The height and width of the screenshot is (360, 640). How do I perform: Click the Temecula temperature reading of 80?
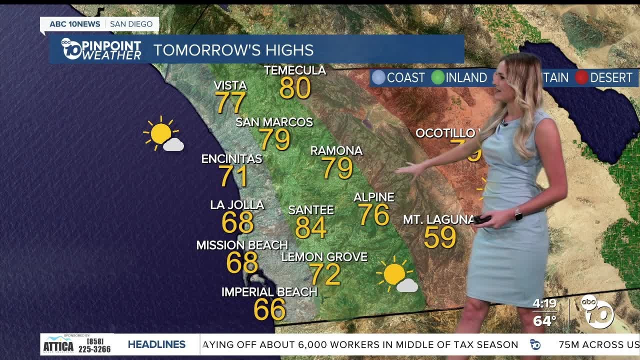295,88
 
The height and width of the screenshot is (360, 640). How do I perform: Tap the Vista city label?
230,85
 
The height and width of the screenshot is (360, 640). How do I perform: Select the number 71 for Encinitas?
233,176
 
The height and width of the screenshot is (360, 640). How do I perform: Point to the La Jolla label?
237,205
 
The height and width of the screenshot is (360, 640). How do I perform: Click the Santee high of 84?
310,227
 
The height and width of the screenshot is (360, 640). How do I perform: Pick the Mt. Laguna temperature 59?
440,237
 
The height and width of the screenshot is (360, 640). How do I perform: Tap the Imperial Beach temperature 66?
269,309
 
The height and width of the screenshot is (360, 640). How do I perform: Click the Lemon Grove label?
324,257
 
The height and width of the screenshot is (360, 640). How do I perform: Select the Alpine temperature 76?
373,214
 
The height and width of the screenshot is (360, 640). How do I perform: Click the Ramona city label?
336,150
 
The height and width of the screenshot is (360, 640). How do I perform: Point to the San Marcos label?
274,122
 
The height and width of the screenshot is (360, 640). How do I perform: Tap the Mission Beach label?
242,245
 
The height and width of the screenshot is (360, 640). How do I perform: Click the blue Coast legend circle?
379,77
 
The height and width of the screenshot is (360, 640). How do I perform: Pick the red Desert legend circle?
581,77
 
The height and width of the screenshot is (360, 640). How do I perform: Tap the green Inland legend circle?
438,77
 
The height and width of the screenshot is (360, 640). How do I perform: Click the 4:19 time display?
544,303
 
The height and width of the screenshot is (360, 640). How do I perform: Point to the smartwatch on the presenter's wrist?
518,214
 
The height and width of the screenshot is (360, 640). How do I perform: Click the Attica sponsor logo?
58,344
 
